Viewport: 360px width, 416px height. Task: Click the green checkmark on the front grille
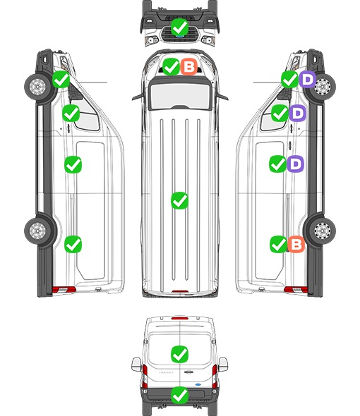pyautogui.click(x=179, y=27)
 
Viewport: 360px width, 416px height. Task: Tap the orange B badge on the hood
pyautogui.click(x=189, y=66)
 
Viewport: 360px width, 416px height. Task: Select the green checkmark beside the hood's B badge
pyautogui.click(x=171, y=66)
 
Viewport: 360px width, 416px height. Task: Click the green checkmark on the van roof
pyautogui.click(x=179, y=200)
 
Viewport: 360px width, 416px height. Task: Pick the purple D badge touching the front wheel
pyautogui.click(x=307, y=79)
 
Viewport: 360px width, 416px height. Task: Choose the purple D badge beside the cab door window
pyautogui.click(x=298, y=113)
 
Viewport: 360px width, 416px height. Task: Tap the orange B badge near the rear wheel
pyautogui.click(x=296, y=244)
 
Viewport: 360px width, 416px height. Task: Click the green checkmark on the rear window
pyautogui.click(x=179, y=354)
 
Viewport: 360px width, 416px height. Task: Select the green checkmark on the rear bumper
pyautogui.click(x=179, y=396)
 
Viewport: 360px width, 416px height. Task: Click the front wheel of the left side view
pyautogui.click(x=37, y=87)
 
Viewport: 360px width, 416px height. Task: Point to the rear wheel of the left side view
pyautogui.click(x=37, y=231)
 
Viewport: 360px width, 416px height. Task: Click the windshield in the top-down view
pyautogui.click(x=180, y=96)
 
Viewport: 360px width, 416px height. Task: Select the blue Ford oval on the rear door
pyautogui.click(x=198, y=384)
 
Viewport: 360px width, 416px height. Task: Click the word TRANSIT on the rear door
pyautogui.click(x=166, y=372)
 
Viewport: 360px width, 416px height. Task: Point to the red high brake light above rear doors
pyautogui.click(x=180, y=318)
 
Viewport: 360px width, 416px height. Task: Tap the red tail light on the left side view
pyautogui.click(x=64, y=290)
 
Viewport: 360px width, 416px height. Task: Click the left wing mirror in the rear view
pyautogui.click(x=136, y=365)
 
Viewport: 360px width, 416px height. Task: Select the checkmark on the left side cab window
pyautogui.click(x=71, y=113)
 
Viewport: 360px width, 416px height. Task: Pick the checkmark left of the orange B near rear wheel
pyautogui.click(x=278, y=244)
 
